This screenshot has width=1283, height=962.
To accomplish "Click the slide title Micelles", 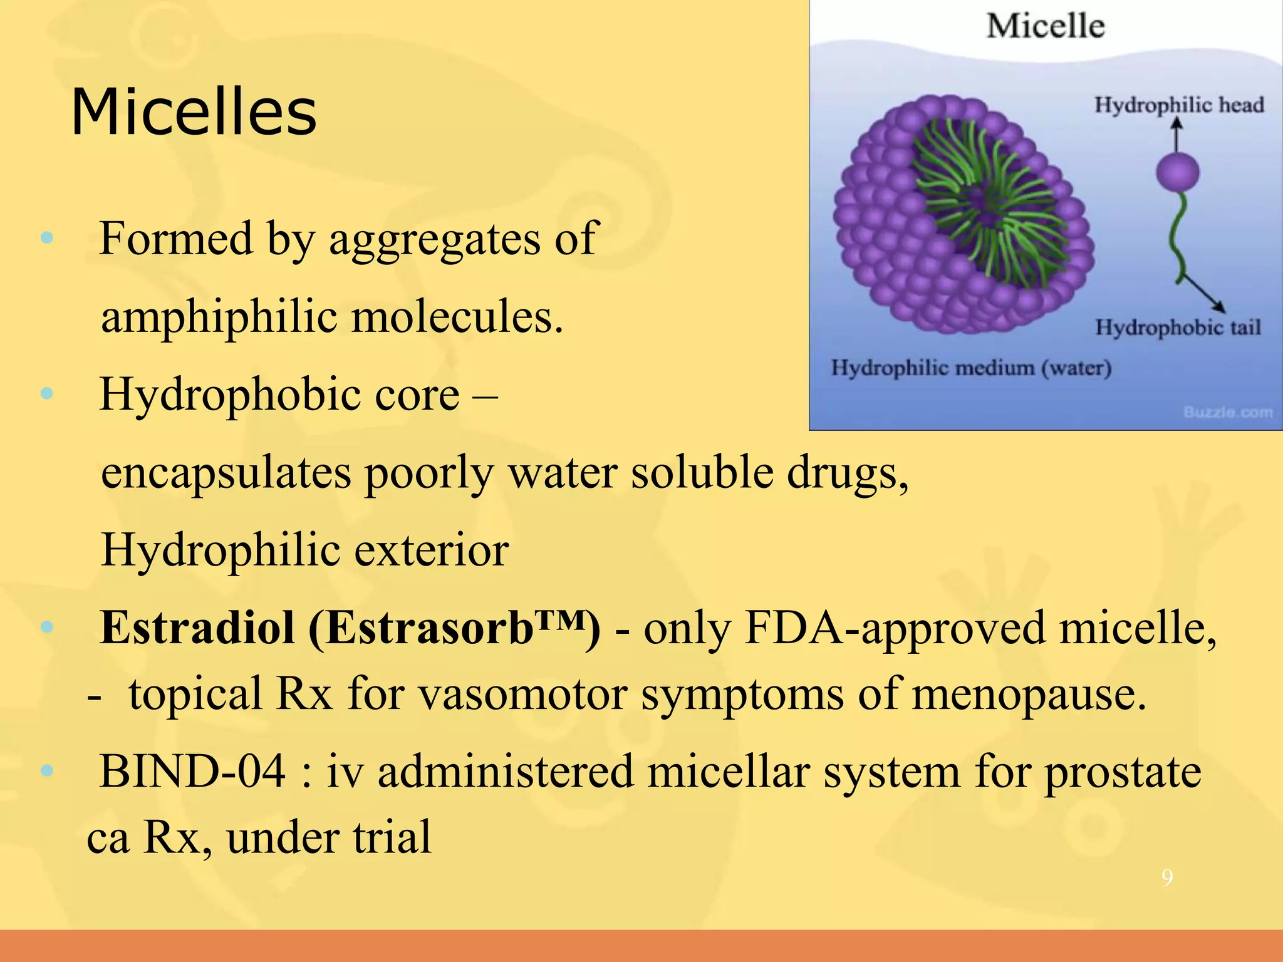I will point(194,113).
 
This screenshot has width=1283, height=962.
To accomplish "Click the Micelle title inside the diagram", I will point(1045,26).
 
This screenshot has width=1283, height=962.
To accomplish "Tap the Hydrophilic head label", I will point(1178,105).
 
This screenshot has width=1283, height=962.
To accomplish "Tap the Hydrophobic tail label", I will point(1177,327).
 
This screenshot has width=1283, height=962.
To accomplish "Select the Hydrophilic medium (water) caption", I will point(970,368).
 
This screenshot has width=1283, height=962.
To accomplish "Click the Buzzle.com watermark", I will point(1228,412).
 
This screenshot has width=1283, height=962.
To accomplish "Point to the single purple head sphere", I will point(1177,172).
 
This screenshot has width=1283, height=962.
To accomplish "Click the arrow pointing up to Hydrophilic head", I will point(1177,135).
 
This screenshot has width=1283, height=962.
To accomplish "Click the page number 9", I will point(1166,877).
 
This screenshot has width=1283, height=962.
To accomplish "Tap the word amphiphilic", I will point(219,317).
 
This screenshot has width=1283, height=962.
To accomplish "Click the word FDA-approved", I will point(895,628).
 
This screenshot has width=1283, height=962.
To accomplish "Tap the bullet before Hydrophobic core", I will point(46,393).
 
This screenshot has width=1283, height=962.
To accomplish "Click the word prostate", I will point(1122,772).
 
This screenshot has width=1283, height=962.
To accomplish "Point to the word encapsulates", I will point(226,473).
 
